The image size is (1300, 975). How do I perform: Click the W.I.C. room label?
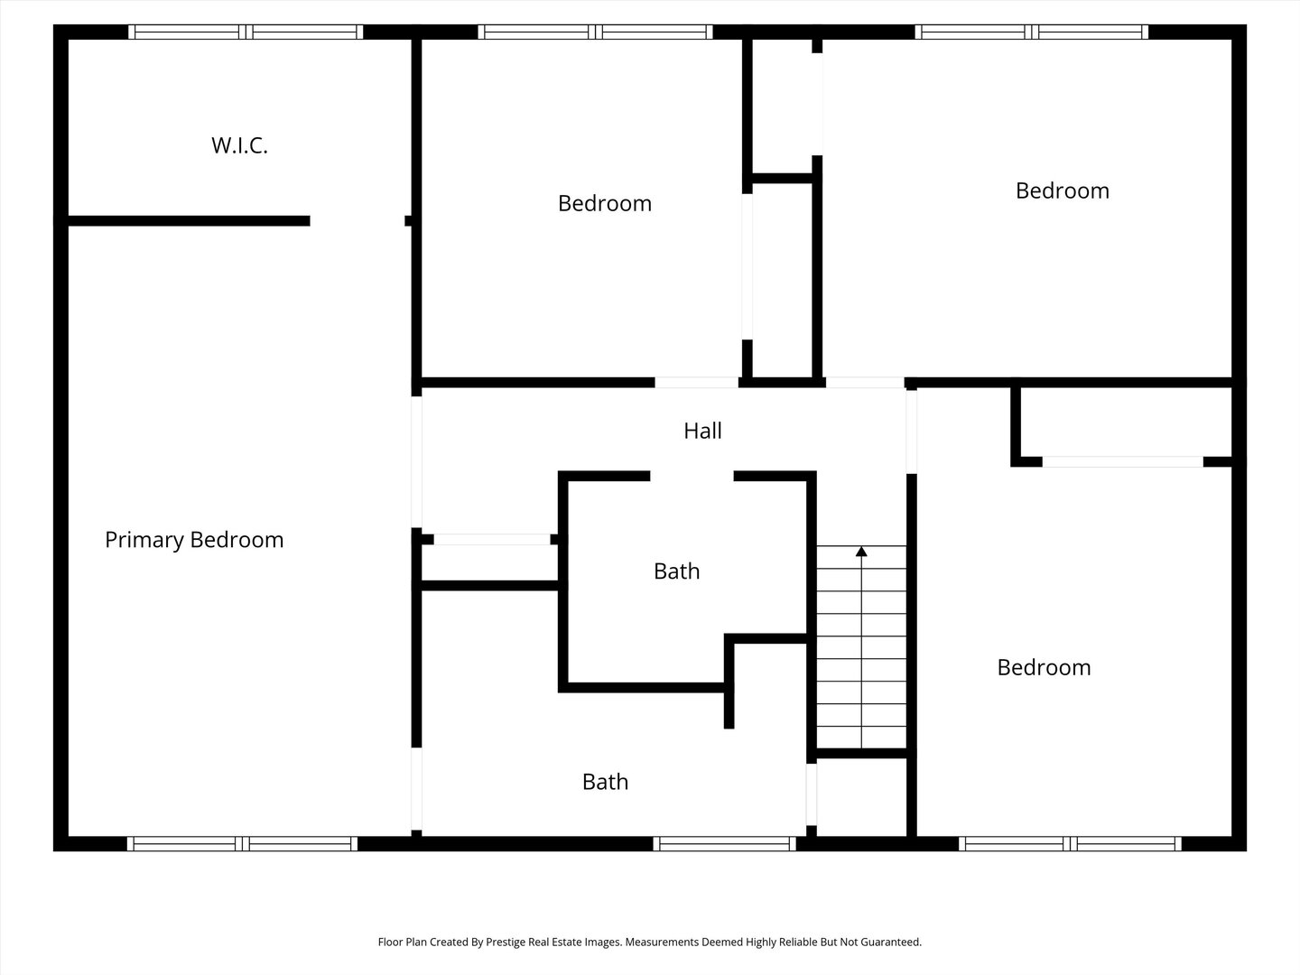[239, 145]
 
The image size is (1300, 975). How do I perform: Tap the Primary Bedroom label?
[194, 540]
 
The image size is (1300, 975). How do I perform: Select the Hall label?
[702, 431]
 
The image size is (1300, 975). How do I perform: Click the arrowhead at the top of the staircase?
[861, 551]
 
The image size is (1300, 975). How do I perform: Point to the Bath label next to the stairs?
[676, 571]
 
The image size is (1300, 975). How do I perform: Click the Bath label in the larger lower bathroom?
[605, 782]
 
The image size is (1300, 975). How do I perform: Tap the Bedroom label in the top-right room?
[1062, 190]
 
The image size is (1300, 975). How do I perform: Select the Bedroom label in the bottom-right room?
[1044, 667]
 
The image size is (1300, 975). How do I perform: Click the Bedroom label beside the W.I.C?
[604, 203]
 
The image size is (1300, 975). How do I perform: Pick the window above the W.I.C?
[245, 32]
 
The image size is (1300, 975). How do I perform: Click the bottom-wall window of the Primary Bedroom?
[242, 844]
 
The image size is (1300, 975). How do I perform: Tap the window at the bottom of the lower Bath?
[724, 844]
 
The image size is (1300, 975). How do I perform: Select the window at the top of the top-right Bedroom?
[1031, 32]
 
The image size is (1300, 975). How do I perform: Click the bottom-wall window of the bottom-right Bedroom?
[1070, 844]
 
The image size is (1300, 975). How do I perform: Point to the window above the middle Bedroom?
[595, 32]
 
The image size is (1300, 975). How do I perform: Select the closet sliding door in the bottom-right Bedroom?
[1122, 461]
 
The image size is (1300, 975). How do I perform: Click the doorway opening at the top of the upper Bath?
[692, 476]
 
